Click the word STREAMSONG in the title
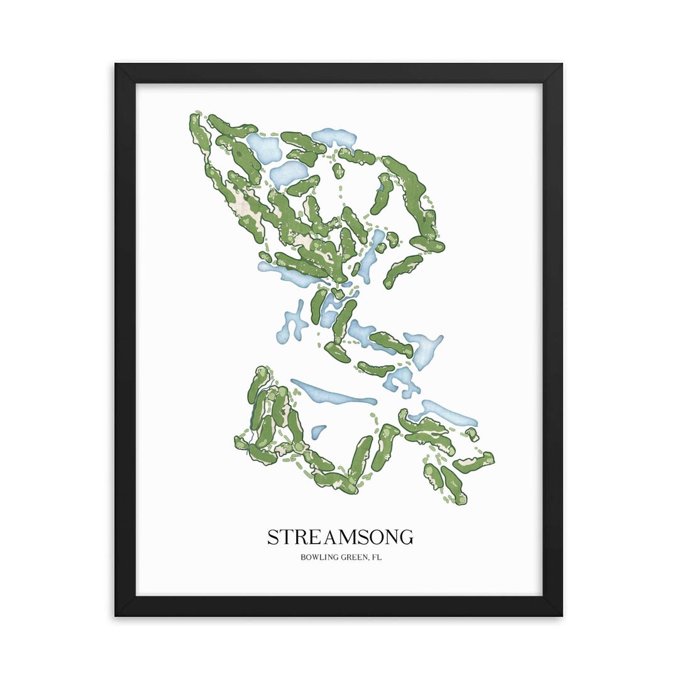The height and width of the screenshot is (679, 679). (340, 538)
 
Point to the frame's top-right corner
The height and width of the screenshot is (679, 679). (561, 65)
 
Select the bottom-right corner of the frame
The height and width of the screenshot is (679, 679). (561, 614)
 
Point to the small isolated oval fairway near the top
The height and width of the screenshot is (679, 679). (338, 170)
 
